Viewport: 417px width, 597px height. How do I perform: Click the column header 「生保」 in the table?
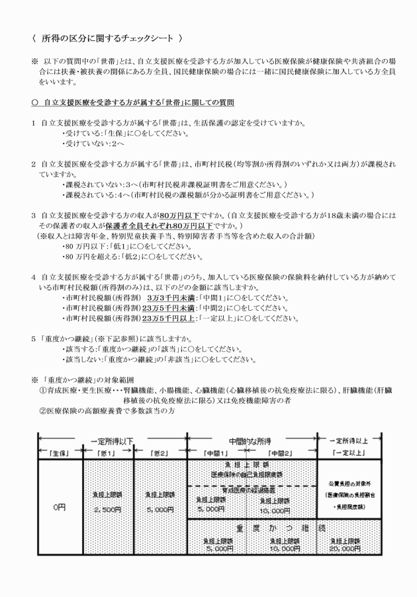click(58, 452)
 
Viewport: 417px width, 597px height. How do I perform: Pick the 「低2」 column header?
click(159, 452)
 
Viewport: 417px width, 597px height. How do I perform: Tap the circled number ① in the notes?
click(44, 390)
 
